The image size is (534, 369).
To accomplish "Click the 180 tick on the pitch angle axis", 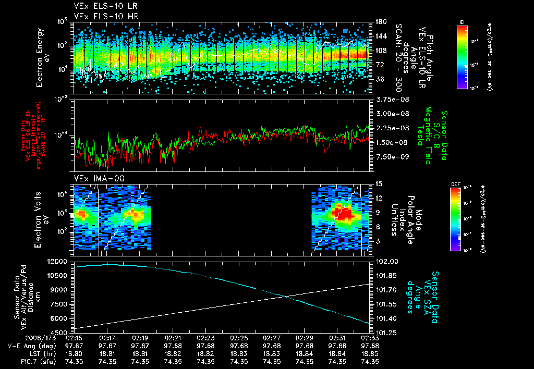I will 380,22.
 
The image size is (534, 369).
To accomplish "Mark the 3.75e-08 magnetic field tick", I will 389,99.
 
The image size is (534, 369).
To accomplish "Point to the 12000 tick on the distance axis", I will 57,261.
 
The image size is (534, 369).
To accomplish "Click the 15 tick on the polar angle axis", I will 378,184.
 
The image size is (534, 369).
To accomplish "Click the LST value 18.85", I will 370,353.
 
